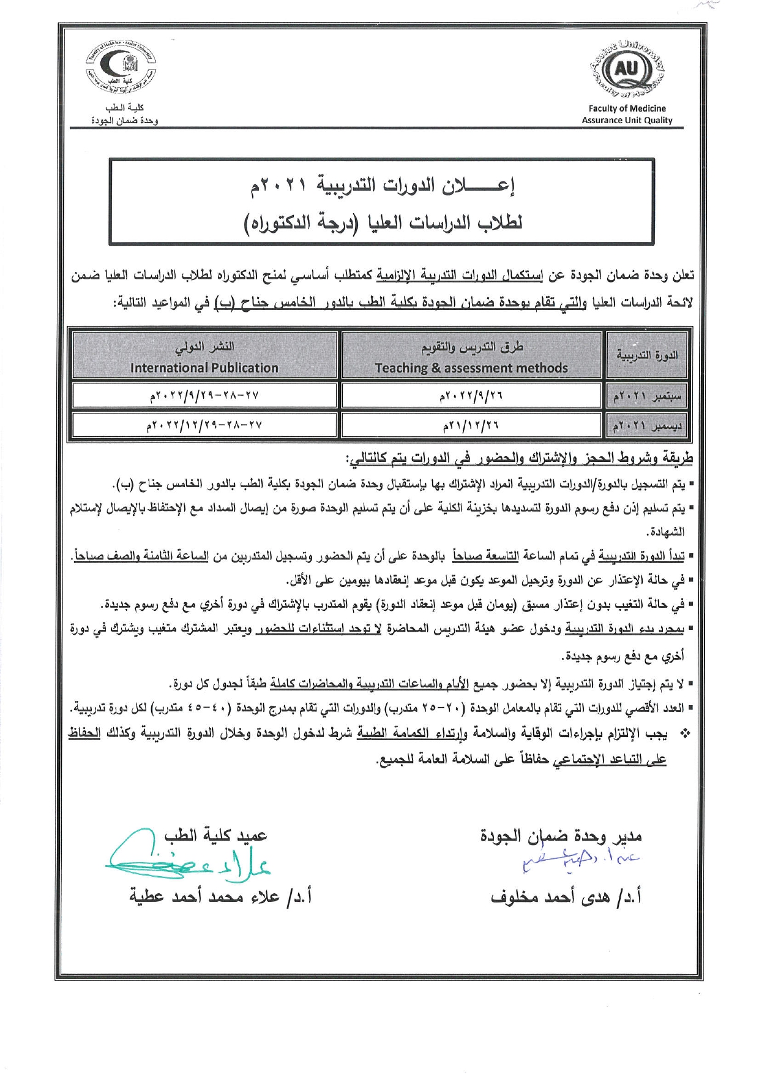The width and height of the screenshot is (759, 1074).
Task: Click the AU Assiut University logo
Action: click(627, 70)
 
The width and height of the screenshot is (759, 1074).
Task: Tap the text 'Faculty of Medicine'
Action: click(627, 108)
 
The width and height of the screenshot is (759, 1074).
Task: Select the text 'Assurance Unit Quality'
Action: click(627, 120)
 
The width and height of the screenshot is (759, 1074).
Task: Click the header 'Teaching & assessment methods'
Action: click(471, 368)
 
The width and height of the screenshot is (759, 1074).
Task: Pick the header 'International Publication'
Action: click(204, 368)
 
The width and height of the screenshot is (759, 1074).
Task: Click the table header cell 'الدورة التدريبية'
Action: click(647, 355)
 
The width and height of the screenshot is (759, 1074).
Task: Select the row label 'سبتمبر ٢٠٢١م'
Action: click(647, 396)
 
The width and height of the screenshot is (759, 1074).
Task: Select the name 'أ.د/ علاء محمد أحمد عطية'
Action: click(220, 897)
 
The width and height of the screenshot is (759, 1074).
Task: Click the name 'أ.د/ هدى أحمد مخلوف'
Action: click(566, 897)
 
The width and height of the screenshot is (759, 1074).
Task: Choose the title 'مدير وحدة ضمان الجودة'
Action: click(561, 835)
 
